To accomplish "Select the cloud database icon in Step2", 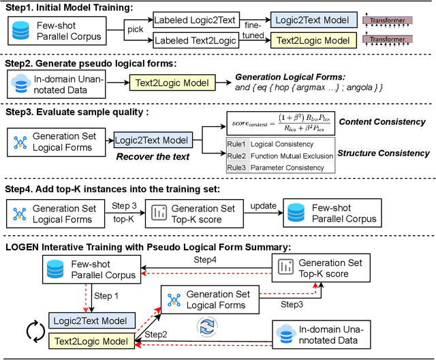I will point(20,84).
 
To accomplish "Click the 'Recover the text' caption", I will point(152,157).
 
